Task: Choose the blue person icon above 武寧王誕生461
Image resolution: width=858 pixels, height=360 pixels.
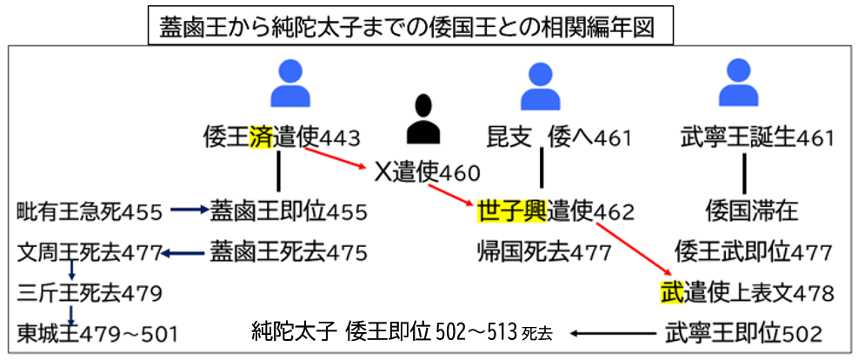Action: [737, 83]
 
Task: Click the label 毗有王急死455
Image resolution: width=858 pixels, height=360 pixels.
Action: [90, 210]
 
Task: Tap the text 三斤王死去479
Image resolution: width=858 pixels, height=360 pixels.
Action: [90, 291]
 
